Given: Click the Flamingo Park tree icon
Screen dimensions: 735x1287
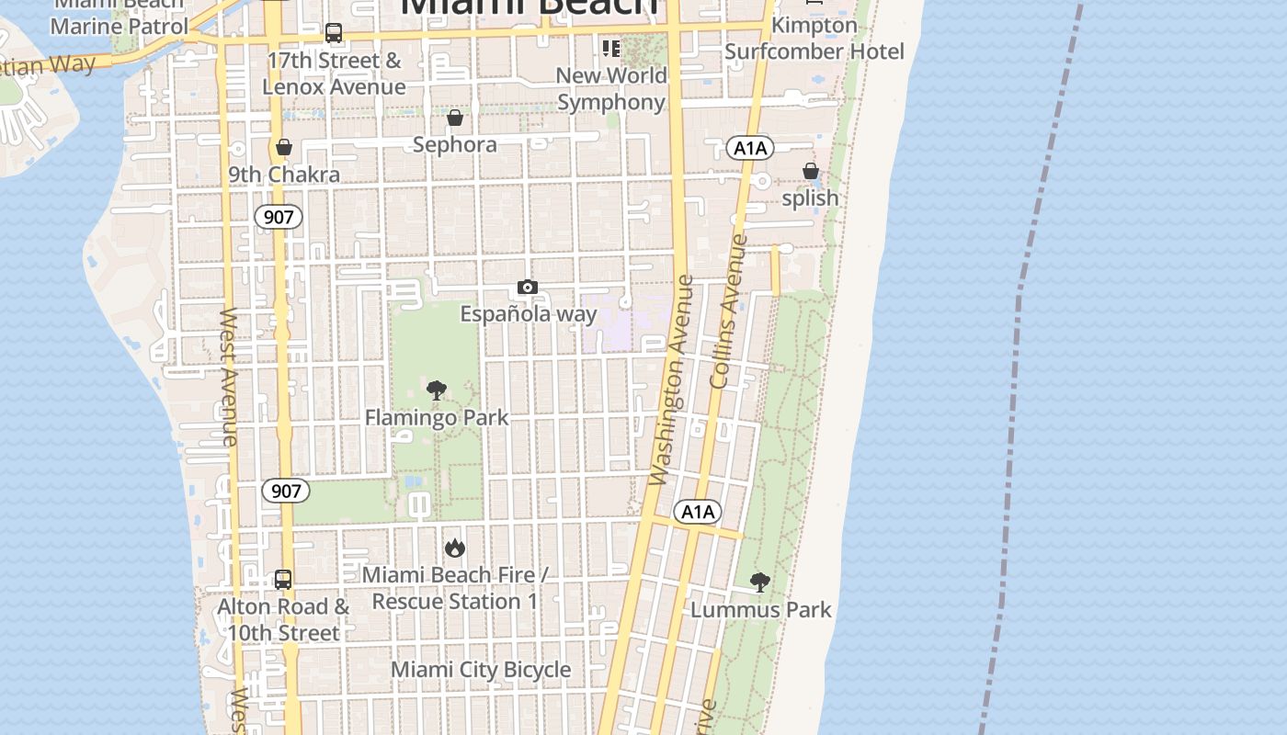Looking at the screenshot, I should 437,390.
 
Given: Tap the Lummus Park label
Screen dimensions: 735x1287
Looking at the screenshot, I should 760,609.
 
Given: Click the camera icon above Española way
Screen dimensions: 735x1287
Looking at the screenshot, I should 527,288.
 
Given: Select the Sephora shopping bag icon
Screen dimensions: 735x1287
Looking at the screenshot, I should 454,119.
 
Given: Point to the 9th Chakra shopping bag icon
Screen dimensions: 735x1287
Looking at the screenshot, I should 284,148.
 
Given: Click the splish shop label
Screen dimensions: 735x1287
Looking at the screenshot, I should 810,198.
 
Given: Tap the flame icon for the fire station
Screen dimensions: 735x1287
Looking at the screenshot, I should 454,548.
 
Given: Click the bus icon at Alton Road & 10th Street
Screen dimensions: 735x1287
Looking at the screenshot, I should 283,580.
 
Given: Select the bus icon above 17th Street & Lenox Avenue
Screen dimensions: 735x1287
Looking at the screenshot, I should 334,34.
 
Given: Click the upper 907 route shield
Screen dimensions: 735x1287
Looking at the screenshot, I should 278,217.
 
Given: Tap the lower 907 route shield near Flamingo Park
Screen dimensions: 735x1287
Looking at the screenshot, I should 286,491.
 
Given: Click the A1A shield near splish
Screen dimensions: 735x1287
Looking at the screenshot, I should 749,148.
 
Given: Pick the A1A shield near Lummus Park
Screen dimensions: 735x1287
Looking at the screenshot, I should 697,512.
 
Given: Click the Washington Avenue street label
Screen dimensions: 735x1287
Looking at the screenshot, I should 670,379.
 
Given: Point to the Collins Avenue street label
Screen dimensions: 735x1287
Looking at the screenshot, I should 729,311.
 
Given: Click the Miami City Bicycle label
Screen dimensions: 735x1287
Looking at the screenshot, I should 481,670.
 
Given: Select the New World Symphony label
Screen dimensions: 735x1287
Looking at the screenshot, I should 610,88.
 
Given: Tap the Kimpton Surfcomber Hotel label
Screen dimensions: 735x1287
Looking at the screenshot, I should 814,38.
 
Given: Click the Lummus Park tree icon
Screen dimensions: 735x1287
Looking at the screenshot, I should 759,582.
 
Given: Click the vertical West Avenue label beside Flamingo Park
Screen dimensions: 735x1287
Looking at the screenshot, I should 228,377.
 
